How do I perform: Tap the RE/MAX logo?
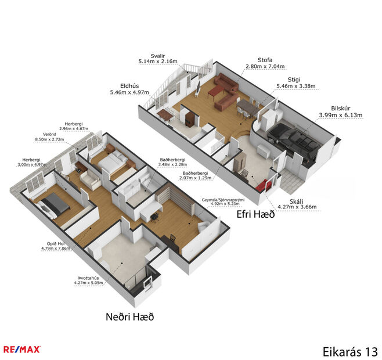click(21, 349)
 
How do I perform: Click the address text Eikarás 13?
click(350, 351)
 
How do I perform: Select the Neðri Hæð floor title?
click(129, 316)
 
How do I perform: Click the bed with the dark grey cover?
click(53, 203)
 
